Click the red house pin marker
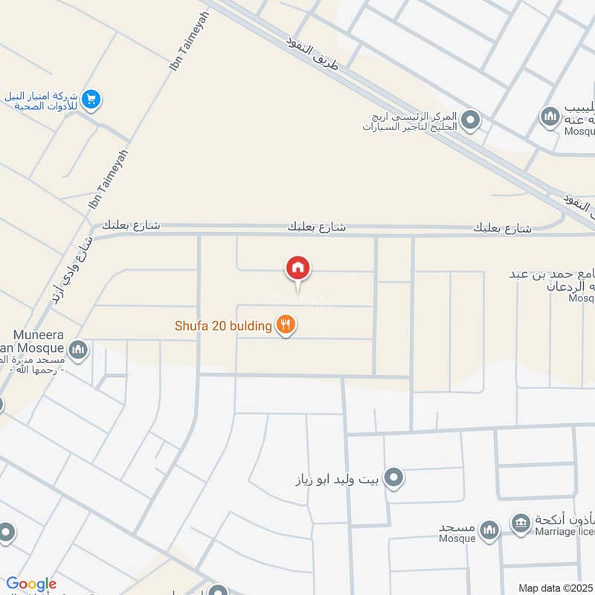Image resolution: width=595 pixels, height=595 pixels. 298,268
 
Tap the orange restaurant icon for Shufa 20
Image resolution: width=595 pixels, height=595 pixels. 283,325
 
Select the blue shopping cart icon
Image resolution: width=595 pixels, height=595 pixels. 91,99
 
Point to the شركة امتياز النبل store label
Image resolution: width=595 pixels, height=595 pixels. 45,100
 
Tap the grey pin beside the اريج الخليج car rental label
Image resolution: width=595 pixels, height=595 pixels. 470,119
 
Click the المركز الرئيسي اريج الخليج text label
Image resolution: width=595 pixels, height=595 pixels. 409,120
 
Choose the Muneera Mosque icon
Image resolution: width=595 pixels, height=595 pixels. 78,349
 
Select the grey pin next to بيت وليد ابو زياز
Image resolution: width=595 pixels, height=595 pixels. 394,477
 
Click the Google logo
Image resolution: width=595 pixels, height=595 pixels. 31,584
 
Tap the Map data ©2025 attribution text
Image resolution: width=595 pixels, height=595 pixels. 554,588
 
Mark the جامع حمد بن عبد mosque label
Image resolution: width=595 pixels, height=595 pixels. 551,276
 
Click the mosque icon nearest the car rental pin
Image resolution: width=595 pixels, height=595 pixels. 550,117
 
